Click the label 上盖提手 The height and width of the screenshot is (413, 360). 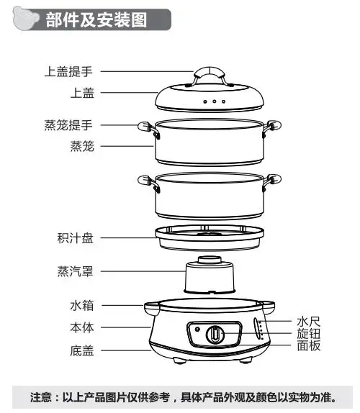(x=68, y=71)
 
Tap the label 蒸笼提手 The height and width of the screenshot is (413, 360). (x=68, y=125)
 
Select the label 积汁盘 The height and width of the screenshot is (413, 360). (x=76, y=238)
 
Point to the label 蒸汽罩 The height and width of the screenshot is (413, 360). (x=76, y=271)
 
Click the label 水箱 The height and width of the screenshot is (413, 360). (x=82, y=305)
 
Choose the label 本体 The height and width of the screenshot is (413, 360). (x=82, y=327)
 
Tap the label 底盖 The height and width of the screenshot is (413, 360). (x=82, y=350)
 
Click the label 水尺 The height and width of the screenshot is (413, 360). (x=309, y=322)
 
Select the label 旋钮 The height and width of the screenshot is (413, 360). (x=309, y=334)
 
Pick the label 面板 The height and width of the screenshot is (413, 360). (x=309, y=345)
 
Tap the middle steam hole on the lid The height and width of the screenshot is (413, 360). (x=215, y=101)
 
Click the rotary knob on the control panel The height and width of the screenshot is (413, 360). (x=215, y=335)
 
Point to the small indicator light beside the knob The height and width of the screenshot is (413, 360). (x=197, y=329)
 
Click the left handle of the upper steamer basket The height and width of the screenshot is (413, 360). (x=148, y=130)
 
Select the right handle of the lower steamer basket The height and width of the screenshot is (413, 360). (x=271, y=182)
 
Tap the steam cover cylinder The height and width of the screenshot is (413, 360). (x=210, y=276)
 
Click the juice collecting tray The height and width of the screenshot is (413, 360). (x=210, y=237)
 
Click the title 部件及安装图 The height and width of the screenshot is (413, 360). (x=96, y=20)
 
